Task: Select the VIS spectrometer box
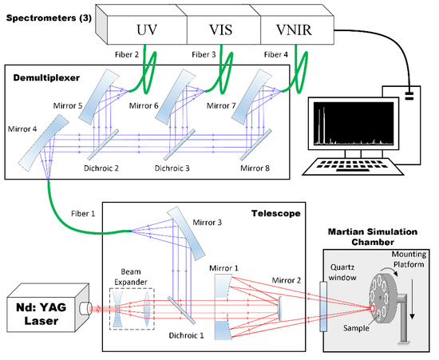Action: (x=222, y=31)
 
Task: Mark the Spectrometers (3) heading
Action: (x=52, y=17)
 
